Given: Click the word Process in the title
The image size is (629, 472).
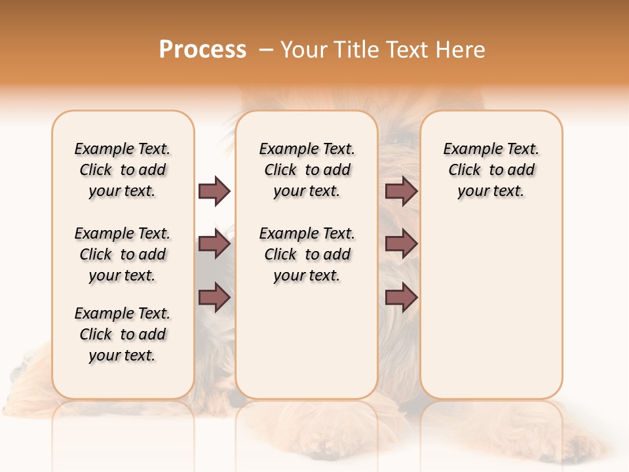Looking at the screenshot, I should point(202,50).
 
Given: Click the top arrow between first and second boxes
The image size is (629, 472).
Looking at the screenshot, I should point(214,191).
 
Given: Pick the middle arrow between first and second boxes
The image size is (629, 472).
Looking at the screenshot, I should point(214,244).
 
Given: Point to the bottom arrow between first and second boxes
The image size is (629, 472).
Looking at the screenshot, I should point(214,298).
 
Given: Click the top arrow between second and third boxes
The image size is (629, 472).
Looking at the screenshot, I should point(401,191).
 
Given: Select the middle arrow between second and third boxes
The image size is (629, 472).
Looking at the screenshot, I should point(401,244).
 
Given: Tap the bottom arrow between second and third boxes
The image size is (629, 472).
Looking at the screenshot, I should point(401,298).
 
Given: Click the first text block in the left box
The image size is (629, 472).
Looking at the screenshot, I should point(123,170).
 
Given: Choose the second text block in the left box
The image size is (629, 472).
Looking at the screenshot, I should point(123,254).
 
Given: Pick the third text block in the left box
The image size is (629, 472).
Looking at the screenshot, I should point(123,334).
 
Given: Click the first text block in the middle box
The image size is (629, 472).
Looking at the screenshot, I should point(307,170).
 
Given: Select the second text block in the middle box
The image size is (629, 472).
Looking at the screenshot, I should point(307,254).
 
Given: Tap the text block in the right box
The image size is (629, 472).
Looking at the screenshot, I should point(491,170).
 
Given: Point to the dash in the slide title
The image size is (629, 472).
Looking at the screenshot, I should point(266,50).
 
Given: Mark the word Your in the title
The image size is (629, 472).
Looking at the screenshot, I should point(305,50).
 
